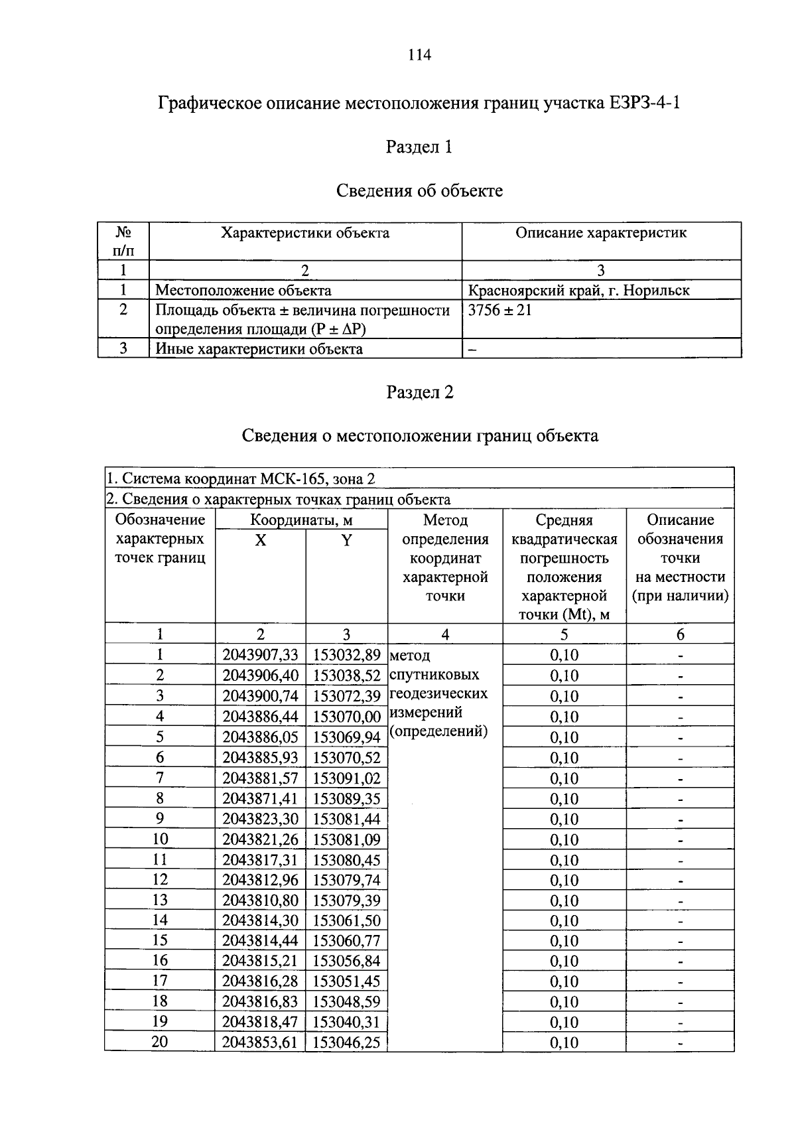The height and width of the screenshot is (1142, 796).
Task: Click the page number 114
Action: [419, 55]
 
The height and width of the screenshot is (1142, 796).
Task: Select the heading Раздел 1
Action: [419, 147]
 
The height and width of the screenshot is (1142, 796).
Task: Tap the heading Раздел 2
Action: [419, 392]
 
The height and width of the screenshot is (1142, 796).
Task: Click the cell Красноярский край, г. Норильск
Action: [578, 290]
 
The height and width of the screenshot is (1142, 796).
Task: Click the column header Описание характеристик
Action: [601, 233]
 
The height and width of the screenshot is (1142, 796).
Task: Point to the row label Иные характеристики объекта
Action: [259, 348]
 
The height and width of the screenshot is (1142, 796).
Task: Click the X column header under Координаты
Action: [261, 540]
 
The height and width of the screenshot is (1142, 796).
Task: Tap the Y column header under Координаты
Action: [346, 540]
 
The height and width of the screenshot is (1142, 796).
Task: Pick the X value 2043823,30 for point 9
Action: [260, 818]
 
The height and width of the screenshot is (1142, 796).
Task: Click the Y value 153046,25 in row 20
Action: [346, 1042]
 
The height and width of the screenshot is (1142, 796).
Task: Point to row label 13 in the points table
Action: [160, 900]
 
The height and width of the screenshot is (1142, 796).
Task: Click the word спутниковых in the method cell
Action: [434, 675]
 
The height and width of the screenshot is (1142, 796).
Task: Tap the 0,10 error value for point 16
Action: [564, 961]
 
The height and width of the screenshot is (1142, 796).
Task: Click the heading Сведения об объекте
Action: [419, 191]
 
